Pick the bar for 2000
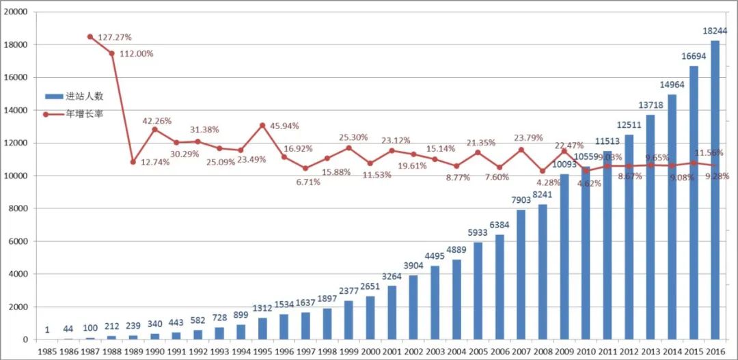point(370,318)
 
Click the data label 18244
point(714,31)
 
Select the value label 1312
point(262,309)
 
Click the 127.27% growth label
point(115,38)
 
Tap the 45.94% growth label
point(284,126)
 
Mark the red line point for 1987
point(90,36)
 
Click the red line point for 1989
point(133,162)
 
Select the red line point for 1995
point(262,125)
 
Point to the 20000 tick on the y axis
point(16,12)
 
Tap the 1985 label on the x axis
point(46,350)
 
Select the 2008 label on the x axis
point(543,350)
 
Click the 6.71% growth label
point(307,182)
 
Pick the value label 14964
point(672,85)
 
